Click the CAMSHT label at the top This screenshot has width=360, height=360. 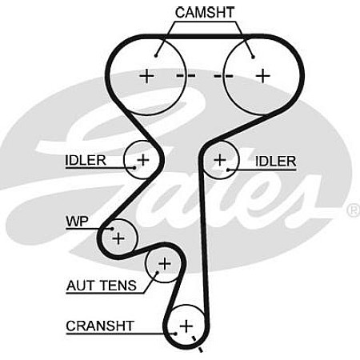click(x=205, y=13)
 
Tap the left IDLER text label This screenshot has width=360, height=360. click(x=86, y=160)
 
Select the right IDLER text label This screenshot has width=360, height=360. click(x=276, y=161)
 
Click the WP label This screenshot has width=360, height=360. click(x=77, y=221)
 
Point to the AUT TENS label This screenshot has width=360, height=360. click(x=102, y=286)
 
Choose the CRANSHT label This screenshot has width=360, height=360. click(x=100, y=326)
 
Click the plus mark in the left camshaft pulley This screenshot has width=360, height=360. click(x=146, y=76)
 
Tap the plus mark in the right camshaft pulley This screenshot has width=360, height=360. click(x=263, y=76)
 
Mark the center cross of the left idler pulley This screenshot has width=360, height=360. click(x=143, y=160)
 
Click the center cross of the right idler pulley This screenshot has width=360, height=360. click(x=220, y=160)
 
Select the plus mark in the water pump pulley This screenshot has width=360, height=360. click(x=118, y=238)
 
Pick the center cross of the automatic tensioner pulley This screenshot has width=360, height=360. click(x=165, y=264)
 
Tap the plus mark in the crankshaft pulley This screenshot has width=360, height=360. click(x=186, y=326)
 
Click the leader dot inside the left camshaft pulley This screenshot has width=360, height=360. click(x=156, y=56)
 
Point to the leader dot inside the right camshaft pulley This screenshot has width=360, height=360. click(x=253, y=57)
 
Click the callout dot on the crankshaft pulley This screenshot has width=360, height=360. click(x=175, y=334)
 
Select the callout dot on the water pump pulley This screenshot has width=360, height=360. click(x=113, y=229)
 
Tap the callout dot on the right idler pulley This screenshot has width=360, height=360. click(x=228, y=170)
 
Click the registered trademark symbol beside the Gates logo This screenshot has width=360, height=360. click(x=354, y=210)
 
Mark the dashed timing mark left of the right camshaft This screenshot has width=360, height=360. click(x=223, y=76)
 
